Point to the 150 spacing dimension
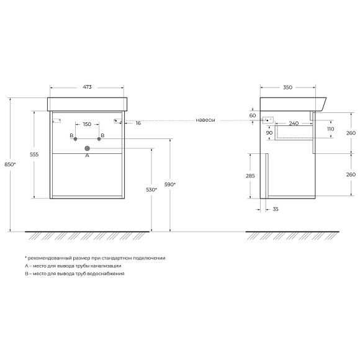87,124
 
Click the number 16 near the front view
138,123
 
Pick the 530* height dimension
145,190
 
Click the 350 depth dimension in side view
287,88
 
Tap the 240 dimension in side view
294,123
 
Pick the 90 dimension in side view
270,132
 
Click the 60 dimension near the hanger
253,115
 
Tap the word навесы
205,120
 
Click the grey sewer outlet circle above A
88,148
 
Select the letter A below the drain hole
87,156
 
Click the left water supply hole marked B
76,139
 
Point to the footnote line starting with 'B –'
74,274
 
